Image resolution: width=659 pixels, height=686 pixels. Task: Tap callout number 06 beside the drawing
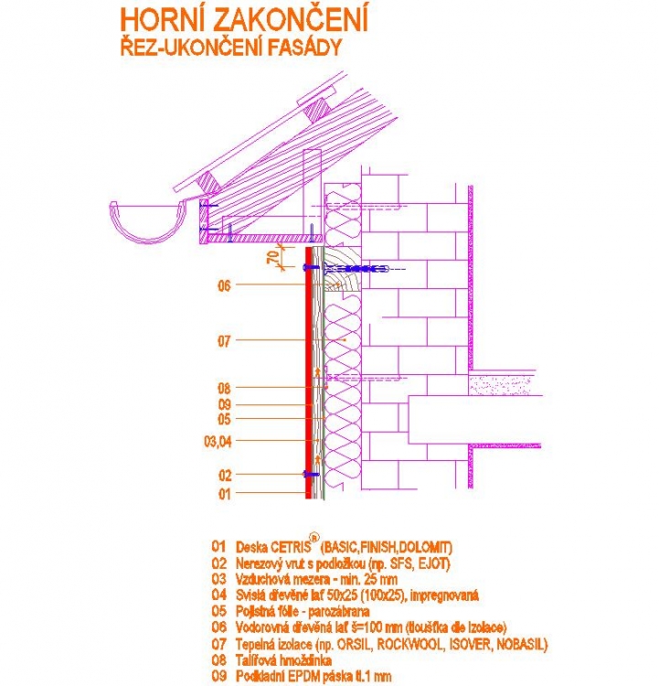tap(224, 285)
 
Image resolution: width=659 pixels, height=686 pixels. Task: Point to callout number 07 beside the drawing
tap(224, 341)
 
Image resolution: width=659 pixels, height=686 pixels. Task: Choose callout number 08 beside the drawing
tap(224, 388)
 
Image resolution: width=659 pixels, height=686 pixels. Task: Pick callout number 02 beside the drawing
tap(224, 475)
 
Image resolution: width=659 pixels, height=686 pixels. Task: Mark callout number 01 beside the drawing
tap(224, 494)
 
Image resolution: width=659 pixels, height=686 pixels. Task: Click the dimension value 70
tap(272, 257)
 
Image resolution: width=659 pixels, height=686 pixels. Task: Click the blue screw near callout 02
tap(309, 475)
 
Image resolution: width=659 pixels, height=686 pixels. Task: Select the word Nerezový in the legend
tap(260, 563)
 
